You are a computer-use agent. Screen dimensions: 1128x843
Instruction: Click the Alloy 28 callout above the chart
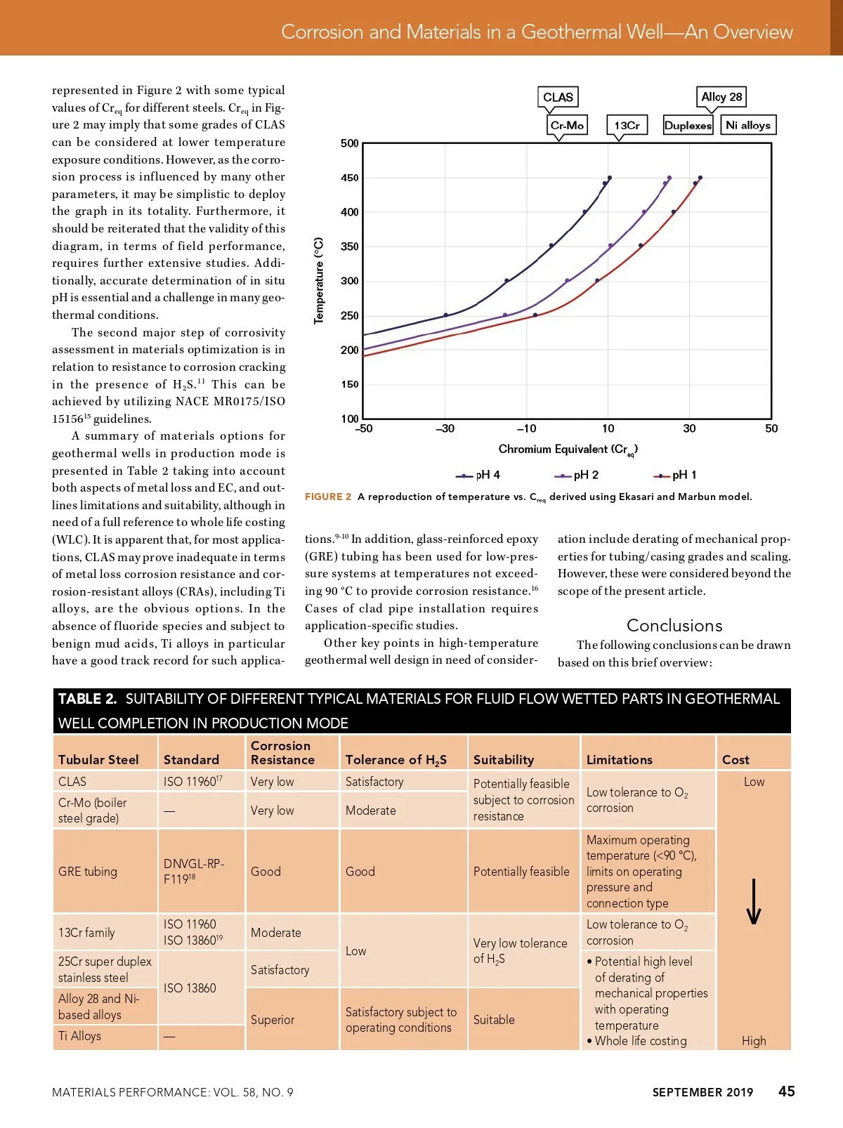pyautogui.click(x=721, y=97)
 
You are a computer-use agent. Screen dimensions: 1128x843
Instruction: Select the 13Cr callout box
pyautogui.click(x=627, y=126)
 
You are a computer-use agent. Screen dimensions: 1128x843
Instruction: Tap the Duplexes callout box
pyautogui.click(x=688, y=126)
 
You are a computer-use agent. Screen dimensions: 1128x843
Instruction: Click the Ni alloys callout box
pyautogui.click(x=747, y=125)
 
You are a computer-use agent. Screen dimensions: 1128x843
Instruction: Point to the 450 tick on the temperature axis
pyautogui.click(x=350, y=178)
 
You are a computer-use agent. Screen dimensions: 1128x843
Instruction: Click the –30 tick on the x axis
pyautogui.click(x=445, y=428)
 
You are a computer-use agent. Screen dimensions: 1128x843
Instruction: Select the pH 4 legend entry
pyautogui.click(x=478, y=476)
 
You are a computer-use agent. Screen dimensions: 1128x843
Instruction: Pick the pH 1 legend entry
pyautogui.click(x=675, y=476)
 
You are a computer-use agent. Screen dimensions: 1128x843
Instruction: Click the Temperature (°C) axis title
pyautogui.click(x=319, y=280)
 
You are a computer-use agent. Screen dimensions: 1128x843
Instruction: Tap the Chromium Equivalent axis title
pyautogui.click(x=568, y=450)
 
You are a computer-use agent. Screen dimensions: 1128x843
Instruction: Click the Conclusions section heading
pyautogui.click(x=674, y=626)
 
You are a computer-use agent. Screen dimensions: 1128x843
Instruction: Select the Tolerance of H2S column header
pyautogui.click(x=396, y=760)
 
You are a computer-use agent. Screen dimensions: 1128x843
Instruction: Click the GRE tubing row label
pyautogui.click(x=88, y=872)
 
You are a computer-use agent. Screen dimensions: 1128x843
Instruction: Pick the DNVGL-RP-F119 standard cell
pyautogui.click(x=193, y=871)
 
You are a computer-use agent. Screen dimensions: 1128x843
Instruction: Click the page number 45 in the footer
pyautogui.click(x=787, y=1091)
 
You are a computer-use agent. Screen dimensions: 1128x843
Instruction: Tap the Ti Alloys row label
pyautogui.click(x=79, y=1036)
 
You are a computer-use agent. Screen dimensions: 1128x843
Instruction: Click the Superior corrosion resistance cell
pyautogui.click(x=273, y=1020)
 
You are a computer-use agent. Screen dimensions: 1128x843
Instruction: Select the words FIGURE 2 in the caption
pyautogui.click(x=328, y=497)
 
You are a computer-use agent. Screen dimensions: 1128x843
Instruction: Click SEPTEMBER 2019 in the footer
pyautogui.click(x=702, y=1092)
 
